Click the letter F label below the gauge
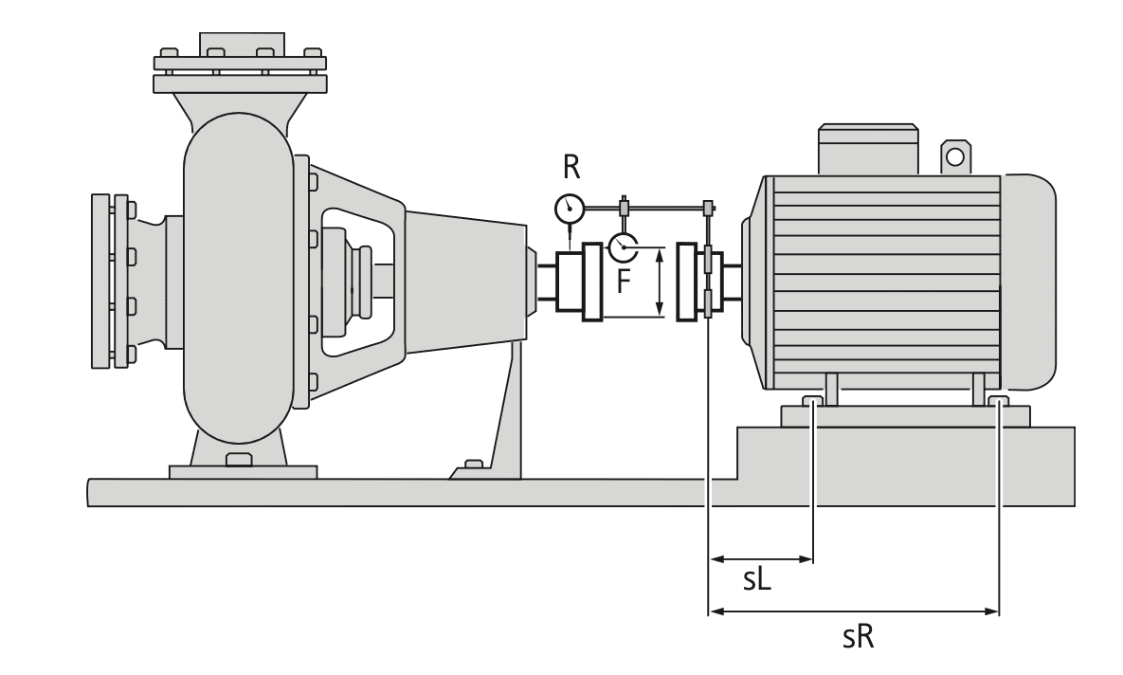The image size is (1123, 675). coord(625,281)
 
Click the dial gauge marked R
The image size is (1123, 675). coord(570,209)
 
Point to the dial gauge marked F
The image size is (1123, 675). coord(624,246)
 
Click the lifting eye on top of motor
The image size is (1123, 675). coord(954,156)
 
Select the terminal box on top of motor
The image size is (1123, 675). coord(868,149)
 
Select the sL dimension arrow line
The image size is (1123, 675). coord(761,558)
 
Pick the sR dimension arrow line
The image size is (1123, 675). coord(853,611)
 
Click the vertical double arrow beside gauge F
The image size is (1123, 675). coord(661,282)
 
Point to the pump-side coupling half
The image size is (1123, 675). coord(578,282)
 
